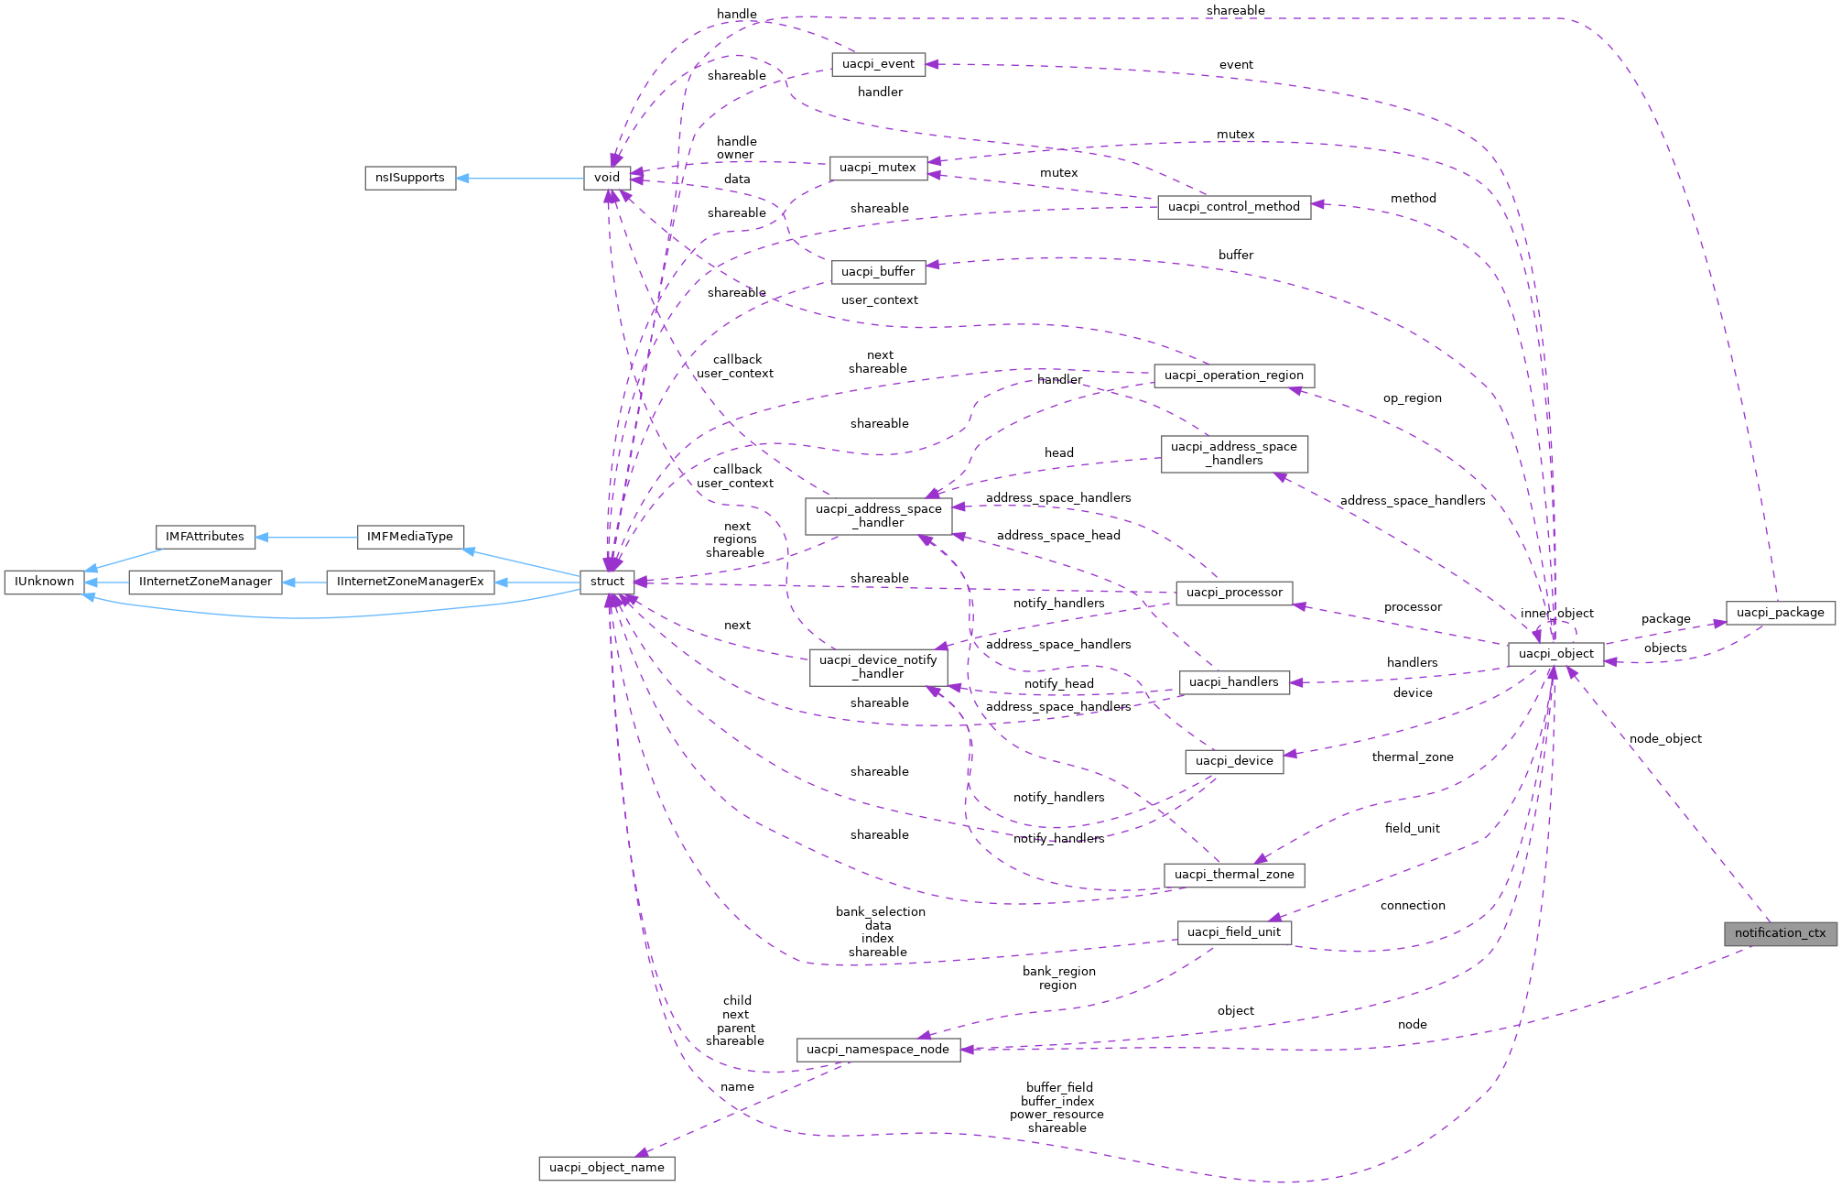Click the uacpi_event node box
(878, 64)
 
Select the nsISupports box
(410, 178)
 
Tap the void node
(607, 178)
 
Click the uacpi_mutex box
(877, 168)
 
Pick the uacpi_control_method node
(1233, 207)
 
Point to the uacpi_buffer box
(877, 272)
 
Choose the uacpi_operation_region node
(1233, 376)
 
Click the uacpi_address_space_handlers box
(1233, 453)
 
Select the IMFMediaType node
(409, 537)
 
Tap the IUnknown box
(44, 582)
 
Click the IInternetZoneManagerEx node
(410, 582)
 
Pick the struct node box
(607, 582)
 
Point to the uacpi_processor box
(1233, 593)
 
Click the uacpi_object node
(1555, 654)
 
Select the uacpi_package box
(1780, 613)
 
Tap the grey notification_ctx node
(1780, 933)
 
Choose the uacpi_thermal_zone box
(1233, 875)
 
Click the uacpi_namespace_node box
(877, 1050)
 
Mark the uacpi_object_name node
(606, 1168)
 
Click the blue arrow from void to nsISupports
(522, 179)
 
